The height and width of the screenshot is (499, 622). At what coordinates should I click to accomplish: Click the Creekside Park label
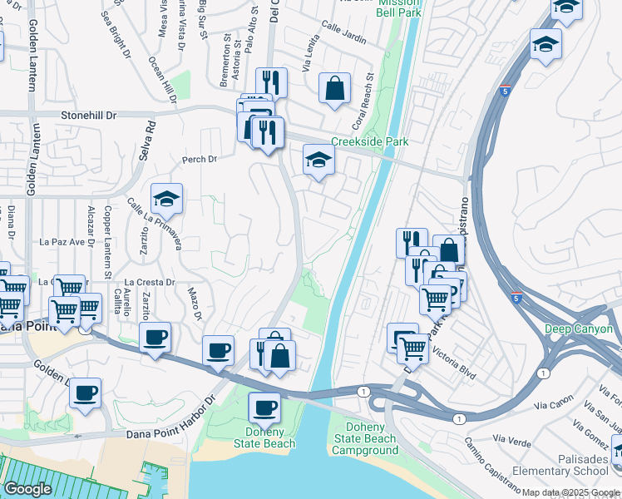369,142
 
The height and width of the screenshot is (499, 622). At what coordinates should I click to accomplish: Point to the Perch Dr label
200,159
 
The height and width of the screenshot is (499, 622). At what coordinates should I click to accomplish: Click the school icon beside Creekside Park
318,159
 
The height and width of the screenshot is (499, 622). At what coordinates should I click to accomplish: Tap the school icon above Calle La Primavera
166,200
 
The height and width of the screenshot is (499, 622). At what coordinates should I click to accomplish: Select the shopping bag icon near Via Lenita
334,88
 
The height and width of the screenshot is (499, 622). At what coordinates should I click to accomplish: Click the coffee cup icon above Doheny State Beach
265,408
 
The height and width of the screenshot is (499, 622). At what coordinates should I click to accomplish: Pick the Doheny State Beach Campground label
365,438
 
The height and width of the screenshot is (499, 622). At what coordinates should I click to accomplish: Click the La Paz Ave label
63,242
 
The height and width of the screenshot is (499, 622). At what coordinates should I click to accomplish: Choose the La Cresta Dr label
150,282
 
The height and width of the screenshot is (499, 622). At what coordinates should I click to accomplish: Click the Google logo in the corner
28,489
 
